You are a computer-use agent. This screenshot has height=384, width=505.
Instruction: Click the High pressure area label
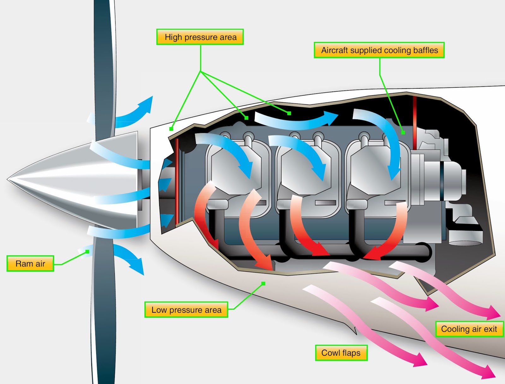point(200,37)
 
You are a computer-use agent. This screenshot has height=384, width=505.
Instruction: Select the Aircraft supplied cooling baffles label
point(379,50)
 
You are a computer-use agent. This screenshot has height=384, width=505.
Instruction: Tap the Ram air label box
point(30,263)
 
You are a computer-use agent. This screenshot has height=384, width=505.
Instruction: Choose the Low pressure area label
point(186,310)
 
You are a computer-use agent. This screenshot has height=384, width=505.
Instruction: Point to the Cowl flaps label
point(341,353)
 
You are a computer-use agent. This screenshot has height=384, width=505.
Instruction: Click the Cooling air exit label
point(469,329)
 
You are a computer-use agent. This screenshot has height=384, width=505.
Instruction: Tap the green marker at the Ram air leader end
point(87,251)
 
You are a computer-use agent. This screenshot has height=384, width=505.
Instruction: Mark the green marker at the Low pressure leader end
point(263,283)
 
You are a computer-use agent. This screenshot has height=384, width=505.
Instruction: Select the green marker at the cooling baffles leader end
point(403,133)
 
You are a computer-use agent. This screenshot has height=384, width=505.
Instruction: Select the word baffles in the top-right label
point(425,50)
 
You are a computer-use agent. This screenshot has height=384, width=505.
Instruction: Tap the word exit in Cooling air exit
point(490,329)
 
